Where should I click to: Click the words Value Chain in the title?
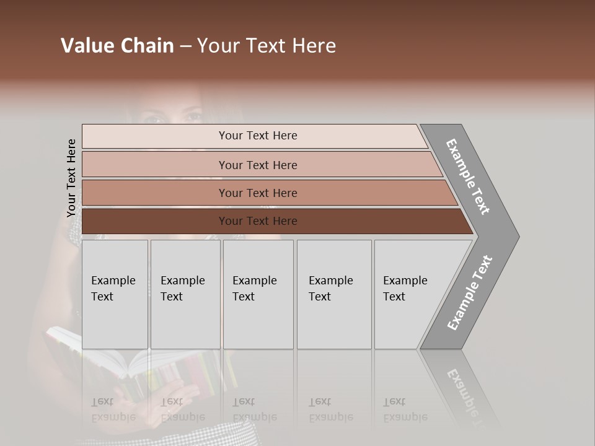point(117,46)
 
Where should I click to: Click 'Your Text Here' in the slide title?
point(267,46)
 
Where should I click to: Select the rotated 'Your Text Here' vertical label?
point(71,178)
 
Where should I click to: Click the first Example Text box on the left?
point(115,294)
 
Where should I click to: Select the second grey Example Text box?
point(185,294)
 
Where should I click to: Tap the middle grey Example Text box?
point(258,294)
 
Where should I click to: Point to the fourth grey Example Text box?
point(333,294)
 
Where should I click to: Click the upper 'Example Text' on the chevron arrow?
point(468,177)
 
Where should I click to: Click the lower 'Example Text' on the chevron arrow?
point(469,292)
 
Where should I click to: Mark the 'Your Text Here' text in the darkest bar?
point(258,221)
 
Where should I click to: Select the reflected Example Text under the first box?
point(113,409)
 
